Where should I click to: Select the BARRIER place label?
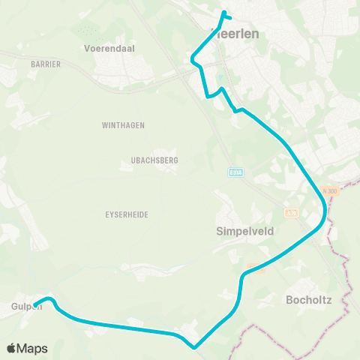pos(46,64)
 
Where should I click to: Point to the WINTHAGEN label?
pos(123,125)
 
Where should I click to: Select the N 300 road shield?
pos(331,191)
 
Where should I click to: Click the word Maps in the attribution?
pos(34,348)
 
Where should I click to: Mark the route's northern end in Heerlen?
pos(223,12)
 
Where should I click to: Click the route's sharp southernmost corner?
pos(194,346)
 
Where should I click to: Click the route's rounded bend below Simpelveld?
pos(243,279)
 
